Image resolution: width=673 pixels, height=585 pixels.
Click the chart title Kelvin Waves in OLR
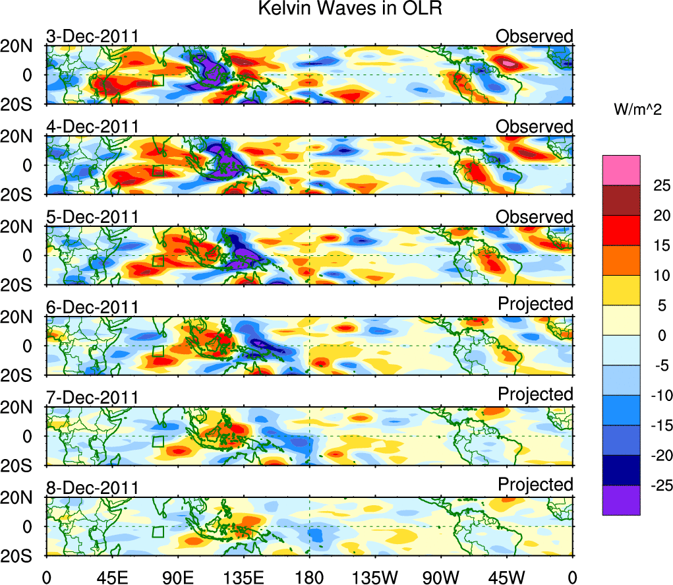coord(337,10)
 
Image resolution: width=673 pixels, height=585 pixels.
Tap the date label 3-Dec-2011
coord(92,36)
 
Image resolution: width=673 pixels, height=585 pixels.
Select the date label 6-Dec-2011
coord(92,307)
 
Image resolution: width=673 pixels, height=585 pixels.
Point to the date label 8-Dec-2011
coord(92,487)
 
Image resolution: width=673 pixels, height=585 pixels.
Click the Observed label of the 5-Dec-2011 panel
coord(534,216)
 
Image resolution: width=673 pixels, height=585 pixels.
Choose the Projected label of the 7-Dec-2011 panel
coord(535,394)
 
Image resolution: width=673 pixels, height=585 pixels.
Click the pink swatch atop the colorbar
coord(621,170)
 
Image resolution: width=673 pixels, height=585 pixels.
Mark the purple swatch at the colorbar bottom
coord(621,500)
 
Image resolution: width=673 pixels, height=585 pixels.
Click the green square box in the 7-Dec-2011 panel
coord(158,441)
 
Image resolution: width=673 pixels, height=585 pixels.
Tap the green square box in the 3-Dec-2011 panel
coord(158,80)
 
